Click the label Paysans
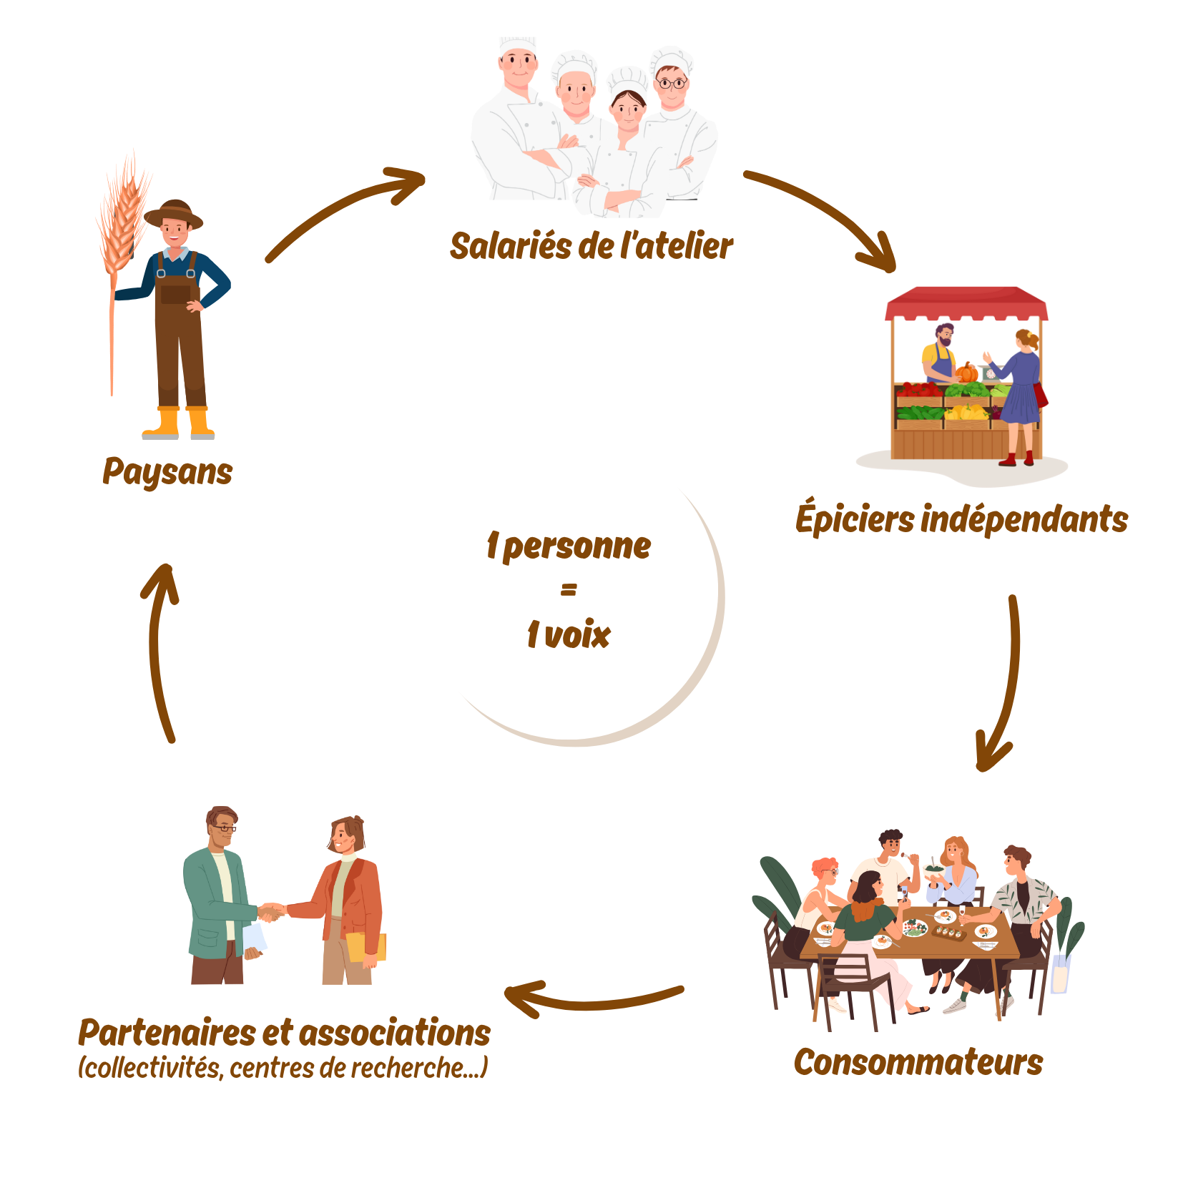click(x=167, y=472)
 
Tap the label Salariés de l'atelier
click(x=591, y=246)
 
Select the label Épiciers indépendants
click(x=961, y=519)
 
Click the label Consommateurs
click(x=918, y=1062)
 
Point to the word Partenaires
click(x=166, y=1033)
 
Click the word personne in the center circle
click(x=576, y=547)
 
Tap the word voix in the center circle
click(x=578, y=635)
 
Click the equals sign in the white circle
click(x=569, y=590)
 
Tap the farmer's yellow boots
click(x=179, y=423)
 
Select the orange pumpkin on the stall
click(x=967, y=373)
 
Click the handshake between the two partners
click(x=271, y=912)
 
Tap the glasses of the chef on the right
click(x=671, y=83)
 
